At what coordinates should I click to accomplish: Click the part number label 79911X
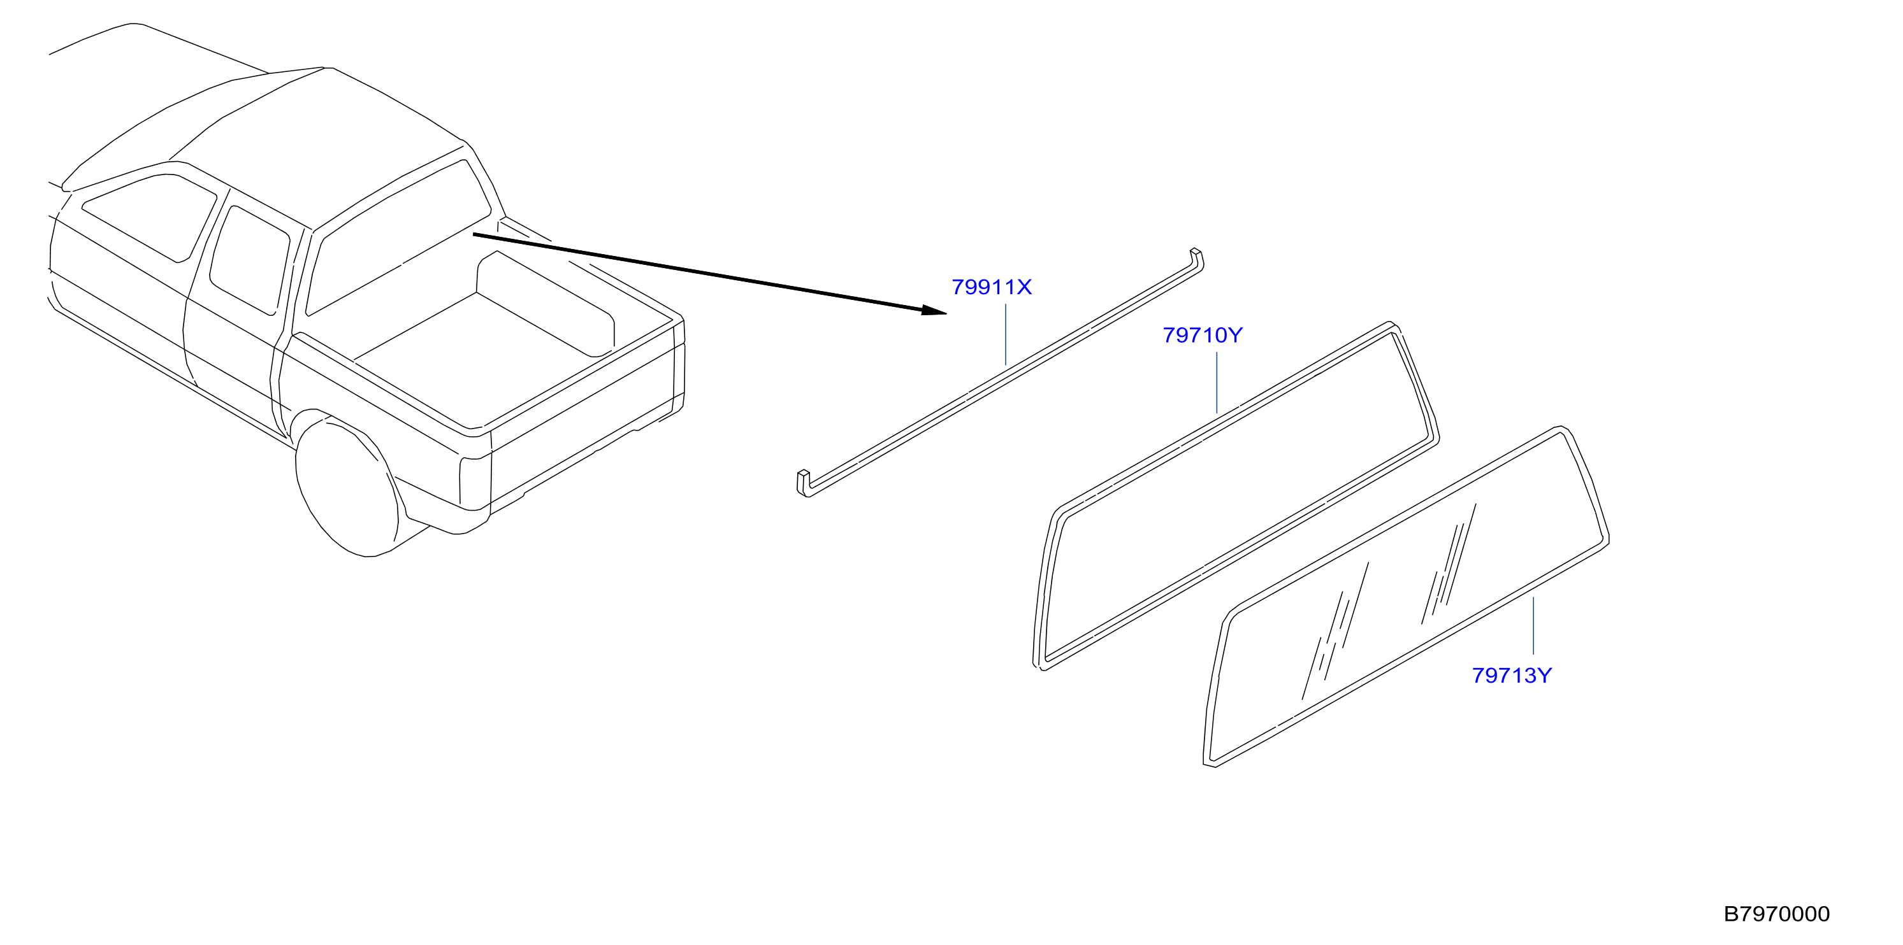click(992, 287)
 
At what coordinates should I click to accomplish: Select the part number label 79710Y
click(1203, 335)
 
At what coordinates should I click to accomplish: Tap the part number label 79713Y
click(1512, 676)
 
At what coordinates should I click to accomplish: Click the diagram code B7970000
click(1777, 914)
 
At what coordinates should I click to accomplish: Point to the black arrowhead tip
click(946, 313)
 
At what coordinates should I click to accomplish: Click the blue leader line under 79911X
click(1006, 334)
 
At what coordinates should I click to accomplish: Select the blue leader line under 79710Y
click(1217, 383)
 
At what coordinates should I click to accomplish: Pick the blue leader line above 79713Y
click(1533, 626)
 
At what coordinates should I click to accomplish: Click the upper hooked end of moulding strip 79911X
click(1196, 259)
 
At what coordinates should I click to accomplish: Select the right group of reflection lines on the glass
click(1449, 564)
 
